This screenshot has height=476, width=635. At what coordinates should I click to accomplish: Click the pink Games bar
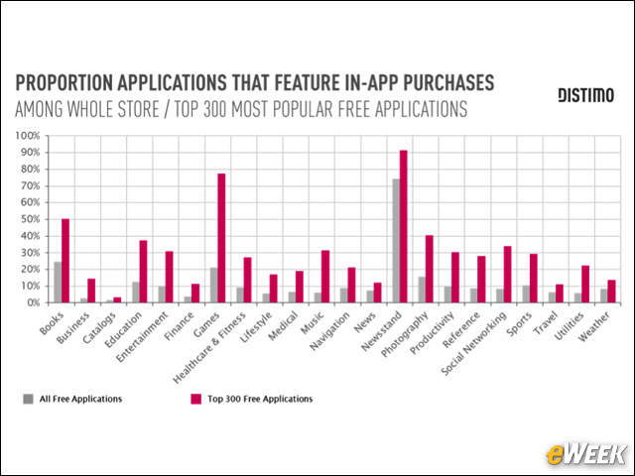coord(222,238)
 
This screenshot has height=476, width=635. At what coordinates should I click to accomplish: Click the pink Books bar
coord(65,261)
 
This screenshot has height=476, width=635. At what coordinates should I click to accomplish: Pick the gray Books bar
coord(57,282)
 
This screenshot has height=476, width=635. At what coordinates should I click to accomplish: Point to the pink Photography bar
coord(430,269)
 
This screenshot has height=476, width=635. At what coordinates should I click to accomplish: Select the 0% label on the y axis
coord(32,302)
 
